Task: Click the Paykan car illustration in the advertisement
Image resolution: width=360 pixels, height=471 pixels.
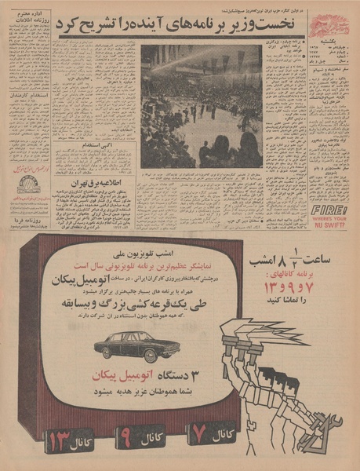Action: [x=148, y=346]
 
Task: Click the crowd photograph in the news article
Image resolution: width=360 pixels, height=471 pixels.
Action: [x=201, y=105]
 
